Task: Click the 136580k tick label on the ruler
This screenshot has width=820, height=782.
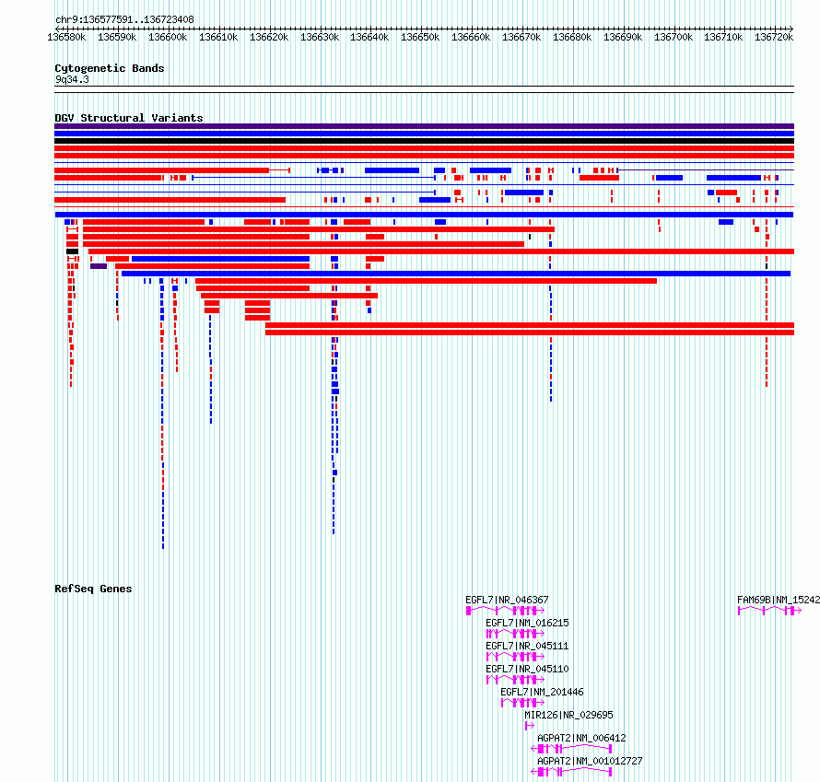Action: (66, 37)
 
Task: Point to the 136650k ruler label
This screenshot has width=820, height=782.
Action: (420, 37)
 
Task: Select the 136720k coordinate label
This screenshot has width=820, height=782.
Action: (773, 37)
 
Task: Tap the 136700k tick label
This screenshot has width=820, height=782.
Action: (674, 37)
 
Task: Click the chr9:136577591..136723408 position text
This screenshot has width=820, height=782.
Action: (124, 19)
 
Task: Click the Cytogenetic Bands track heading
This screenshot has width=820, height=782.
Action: (110, 68)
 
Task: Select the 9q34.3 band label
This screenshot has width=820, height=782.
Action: (72, 79)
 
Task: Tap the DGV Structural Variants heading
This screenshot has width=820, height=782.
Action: (129, 118)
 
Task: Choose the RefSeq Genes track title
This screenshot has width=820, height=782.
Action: (93, 589)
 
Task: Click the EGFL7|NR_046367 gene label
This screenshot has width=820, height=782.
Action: (507, 600)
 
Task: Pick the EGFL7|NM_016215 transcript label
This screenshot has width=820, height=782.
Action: (527, 623)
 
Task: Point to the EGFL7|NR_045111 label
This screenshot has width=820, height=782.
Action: (527, 646)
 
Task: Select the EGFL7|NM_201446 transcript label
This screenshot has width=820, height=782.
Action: (542, 692)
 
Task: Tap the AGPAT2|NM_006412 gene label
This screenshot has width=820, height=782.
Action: (581, 738)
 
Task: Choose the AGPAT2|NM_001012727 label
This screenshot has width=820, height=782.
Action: (590, 761)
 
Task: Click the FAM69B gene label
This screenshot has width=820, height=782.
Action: (779, 600)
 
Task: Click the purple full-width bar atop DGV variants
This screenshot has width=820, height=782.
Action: (424, 126)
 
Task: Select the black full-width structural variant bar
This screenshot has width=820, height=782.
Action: (424, 141)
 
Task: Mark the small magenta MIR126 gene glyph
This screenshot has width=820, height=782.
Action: (530, 726)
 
